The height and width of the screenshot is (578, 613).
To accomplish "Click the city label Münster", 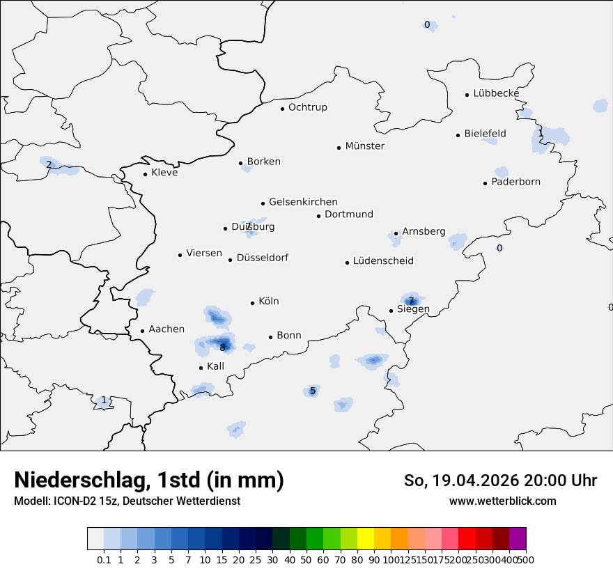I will pos(364,146).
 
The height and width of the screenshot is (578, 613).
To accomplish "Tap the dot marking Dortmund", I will pos(318,216).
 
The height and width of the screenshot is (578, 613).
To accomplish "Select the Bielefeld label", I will pos(485,134).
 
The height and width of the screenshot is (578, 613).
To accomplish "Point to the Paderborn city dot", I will pos(485,183).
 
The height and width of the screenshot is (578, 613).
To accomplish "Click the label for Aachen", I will pos(166,329).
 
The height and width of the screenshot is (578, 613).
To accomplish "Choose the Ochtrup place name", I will pos(307,107).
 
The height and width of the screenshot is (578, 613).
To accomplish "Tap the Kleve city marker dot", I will pos(145,174).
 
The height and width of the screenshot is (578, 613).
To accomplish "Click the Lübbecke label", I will pos(496,93).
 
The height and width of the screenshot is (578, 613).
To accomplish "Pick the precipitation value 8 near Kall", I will pos(223,347).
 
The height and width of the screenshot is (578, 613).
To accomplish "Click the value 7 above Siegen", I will pos(411,301).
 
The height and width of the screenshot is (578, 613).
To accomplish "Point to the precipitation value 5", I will pos(313,391).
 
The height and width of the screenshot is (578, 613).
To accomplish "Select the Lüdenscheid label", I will pos(383,261).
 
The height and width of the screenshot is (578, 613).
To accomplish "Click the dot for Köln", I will pos(252,303).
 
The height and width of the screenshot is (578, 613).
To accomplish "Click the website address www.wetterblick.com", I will pos(502,501).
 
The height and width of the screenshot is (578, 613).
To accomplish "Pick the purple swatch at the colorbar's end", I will pos(518,539).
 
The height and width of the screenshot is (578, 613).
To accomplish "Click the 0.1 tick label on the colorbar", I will pos(104,560).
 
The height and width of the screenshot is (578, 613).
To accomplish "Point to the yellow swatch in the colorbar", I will pos(366,539).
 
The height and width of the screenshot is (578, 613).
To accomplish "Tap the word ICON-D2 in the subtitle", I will pos(72,501).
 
